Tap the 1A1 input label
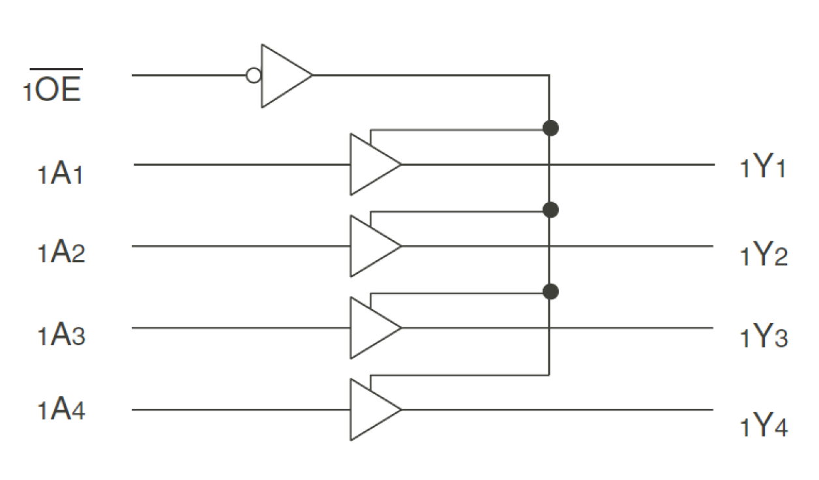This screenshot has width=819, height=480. tap(61, 175)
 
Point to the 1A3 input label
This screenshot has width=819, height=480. tap(61, 335)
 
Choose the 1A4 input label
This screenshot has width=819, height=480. tap(61, 411)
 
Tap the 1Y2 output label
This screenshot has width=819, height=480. tap(764, 256)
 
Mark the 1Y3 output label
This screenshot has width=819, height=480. tap(764, 338)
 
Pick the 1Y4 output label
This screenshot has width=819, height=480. tap(764, 427)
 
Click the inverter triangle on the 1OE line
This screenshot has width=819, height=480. tap(282, 76)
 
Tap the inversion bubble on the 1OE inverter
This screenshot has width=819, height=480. tap(254, 76)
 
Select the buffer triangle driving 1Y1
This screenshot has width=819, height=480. tap(372, 164)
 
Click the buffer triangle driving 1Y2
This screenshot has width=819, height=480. tap(372, 246)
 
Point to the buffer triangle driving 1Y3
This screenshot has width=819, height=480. tap(372, 328)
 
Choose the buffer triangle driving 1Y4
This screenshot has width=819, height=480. tap(372, 410)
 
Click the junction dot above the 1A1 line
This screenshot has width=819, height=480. tap(550, 128)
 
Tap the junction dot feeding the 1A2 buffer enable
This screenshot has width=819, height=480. tap(550, 209)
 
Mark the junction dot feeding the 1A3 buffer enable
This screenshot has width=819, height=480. tap(550, 292)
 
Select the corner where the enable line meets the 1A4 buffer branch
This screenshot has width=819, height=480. tap(550, 375)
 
